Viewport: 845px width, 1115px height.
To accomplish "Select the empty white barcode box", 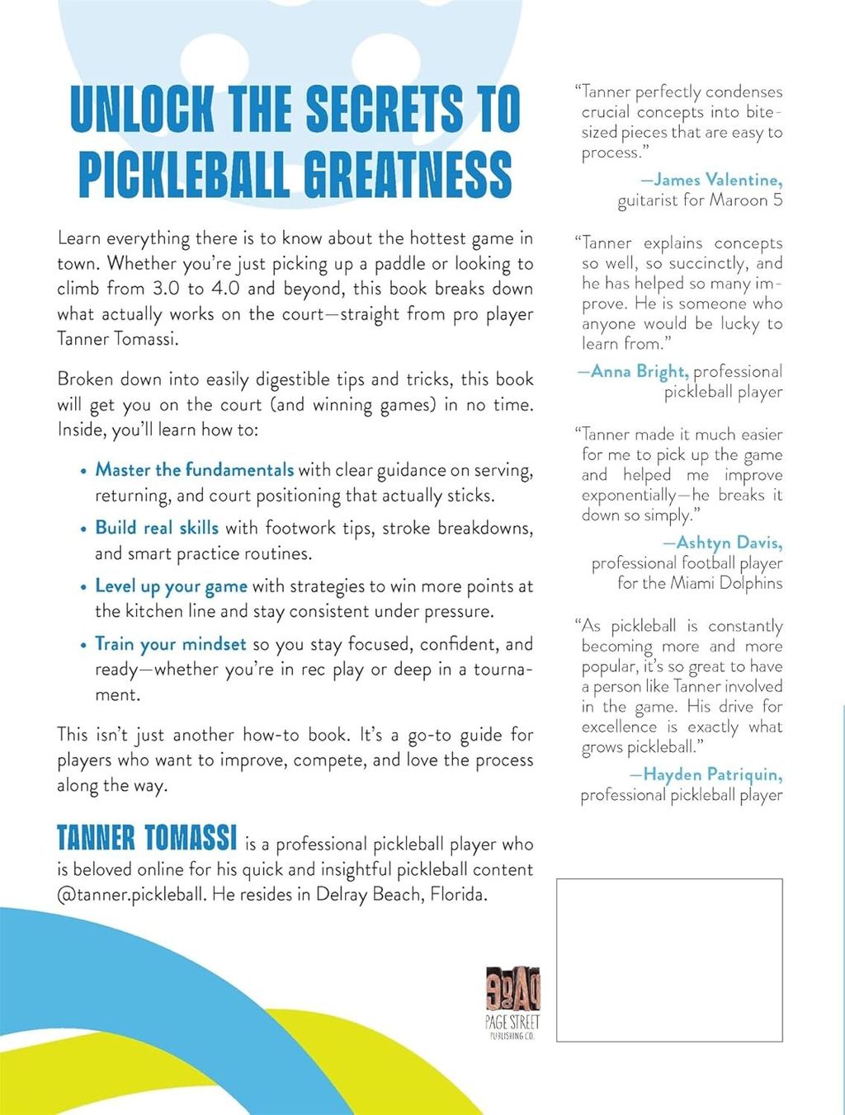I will (669, 959).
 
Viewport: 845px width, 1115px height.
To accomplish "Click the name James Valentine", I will (718, 180).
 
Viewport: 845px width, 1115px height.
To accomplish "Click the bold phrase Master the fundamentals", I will (194, 470).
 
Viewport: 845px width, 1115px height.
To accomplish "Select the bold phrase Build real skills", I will (157, 528).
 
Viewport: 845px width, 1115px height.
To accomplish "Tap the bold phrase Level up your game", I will (171, 586).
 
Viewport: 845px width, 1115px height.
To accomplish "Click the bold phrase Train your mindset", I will (170, 644).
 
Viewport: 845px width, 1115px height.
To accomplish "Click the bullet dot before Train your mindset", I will (83, 645).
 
